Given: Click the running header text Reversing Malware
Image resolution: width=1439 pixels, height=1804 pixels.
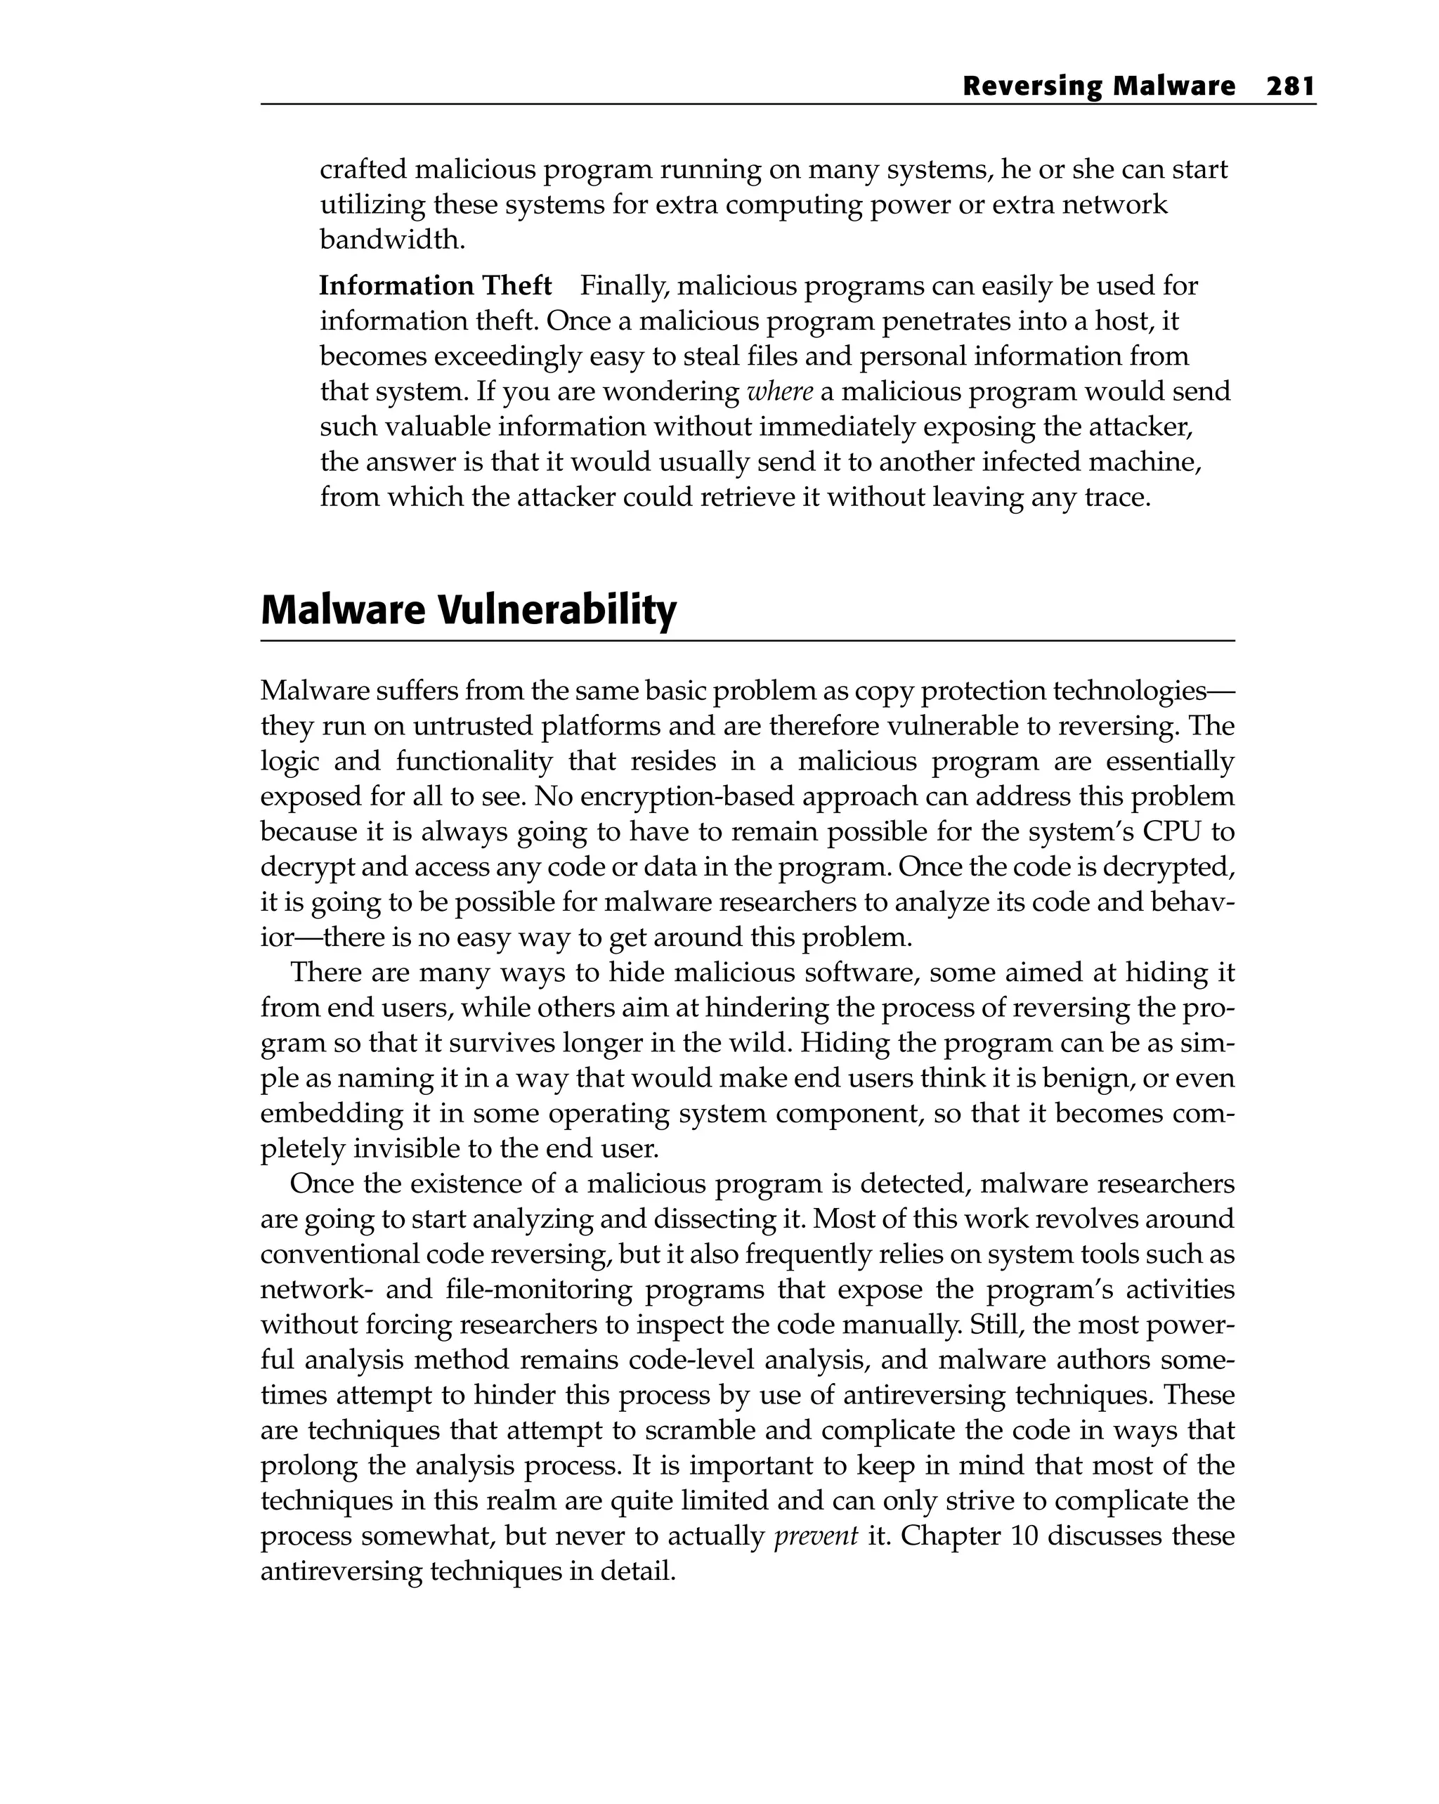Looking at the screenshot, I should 1098,86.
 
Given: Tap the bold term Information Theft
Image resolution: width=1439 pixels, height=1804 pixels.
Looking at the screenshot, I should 435,286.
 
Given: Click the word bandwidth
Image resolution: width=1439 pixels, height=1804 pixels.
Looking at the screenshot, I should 391,240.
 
